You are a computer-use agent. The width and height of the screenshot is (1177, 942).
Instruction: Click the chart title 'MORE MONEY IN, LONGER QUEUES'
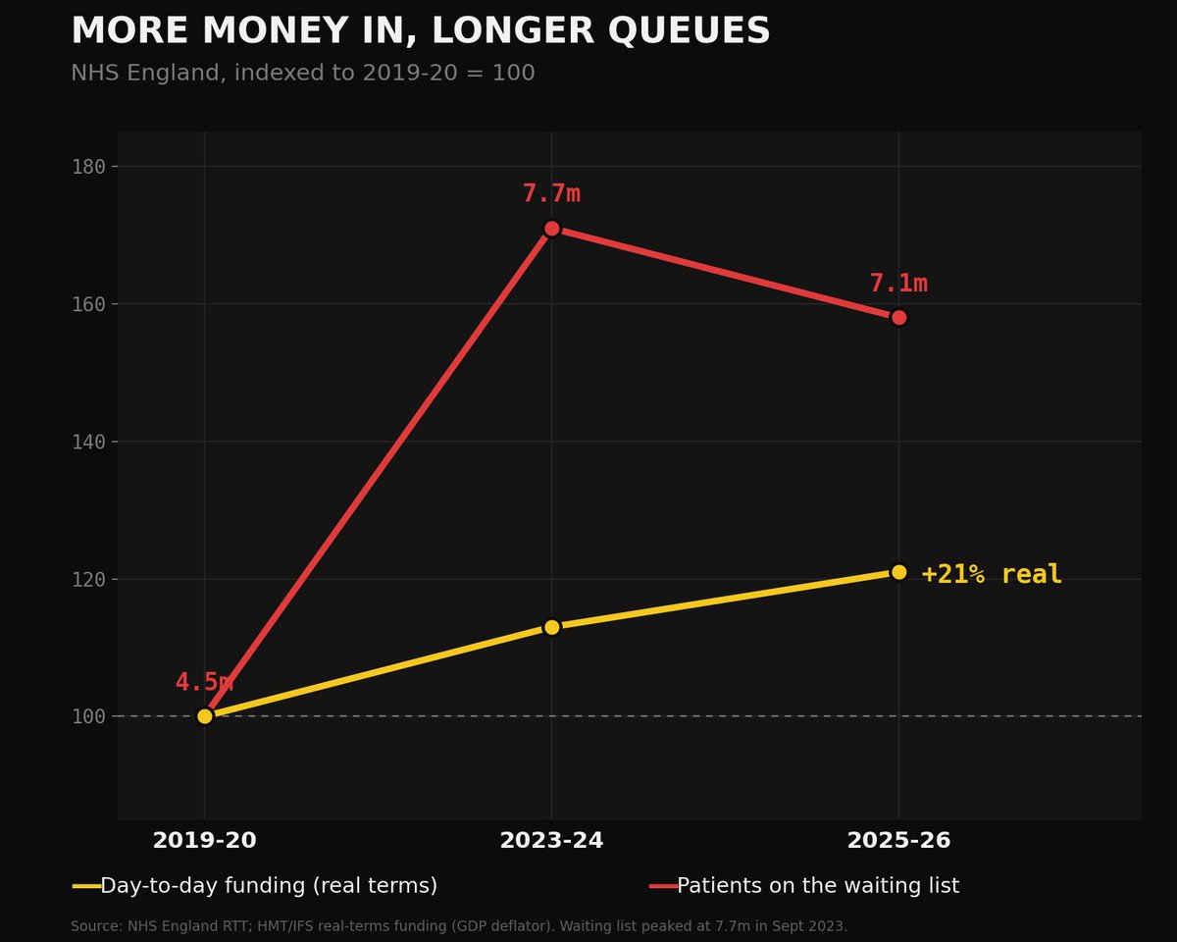[421, 30]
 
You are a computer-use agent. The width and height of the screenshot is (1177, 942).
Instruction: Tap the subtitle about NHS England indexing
[303, 73]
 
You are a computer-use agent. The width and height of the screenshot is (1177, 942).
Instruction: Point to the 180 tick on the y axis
[88, 167]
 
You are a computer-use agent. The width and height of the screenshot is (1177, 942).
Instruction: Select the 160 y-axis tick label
[88, 304]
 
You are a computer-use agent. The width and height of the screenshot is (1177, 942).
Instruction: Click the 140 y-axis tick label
[88, 442]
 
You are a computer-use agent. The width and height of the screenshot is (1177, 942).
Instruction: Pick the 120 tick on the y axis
[88, 579]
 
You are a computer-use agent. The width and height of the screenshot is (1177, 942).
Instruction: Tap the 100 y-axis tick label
[88, 716]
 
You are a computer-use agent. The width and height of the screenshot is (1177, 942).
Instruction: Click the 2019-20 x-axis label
[205, 841]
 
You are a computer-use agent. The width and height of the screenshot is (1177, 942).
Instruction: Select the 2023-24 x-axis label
[551, 841]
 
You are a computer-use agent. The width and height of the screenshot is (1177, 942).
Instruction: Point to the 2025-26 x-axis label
[898, 841]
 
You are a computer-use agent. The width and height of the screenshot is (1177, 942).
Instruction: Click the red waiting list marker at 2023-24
[552, 229]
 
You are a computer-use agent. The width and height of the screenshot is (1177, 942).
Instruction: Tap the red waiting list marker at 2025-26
[898, 318]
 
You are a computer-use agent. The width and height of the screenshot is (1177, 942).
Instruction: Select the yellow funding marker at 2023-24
[552, 627]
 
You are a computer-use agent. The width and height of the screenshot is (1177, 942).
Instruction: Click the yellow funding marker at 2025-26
[898, 572]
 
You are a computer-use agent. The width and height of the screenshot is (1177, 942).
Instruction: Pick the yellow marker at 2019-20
[205, 716]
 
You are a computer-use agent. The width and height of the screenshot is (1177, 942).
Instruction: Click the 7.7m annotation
[551, 193]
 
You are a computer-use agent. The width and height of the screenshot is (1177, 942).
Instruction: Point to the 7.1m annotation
[898, 284]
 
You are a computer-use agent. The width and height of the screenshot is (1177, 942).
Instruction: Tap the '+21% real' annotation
[991, 575]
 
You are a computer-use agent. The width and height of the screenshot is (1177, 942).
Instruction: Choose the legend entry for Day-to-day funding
[255, 886]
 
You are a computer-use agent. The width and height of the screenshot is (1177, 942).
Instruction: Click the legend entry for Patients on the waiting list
[804, 886]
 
